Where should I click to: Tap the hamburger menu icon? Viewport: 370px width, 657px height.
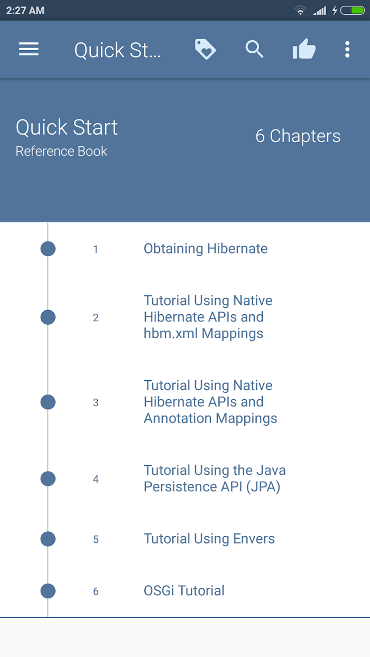(x=29, y=49)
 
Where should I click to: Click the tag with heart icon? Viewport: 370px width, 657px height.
(x=205, y=49)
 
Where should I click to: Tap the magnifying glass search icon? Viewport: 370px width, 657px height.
(x=254, y=49)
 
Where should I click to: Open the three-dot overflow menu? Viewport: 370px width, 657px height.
(x=347, y=49)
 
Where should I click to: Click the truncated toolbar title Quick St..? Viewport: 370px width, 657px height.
(x=117, y=50)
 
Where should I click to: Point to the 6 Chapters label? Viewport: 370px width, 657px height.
(x=298, y=136)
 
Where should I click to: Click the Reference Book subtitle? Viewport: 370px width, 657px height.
(x=61, y=152)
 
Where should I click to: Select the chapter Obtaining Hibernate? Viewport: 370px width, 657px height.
(x=206, y=249)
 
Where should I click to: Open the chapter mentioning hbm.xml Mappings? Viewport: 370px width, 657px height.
(x=208, y=317)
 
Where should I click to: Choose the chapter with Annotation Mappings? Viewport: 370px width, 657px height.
(x=210, y=402)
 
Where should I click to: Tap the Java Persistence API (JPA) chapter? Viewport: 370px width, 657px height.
(x=215, y=478)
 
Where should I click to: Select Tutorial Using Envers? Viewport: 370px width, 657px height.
(x=209, y=539)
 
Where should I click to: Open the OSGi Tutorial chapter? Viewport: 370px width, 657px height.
(x=184, y=590)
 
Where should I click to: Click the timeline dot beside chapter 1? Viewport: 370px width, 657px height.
(x=48, y=249)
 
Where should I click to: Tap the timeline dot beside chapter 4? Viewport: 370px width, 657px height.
(x=48, y=478)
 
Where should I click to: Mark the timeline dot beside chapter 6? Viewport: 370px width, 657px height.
(x=48, y=591)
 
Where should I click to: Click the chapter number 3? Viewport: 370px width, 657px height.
(x=96, y=402)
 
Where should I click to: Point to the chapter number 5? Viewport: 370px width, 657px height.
(x=96, y=539)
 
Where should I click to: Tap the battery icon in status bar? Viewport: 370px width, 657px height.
(x=353, y=11)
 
